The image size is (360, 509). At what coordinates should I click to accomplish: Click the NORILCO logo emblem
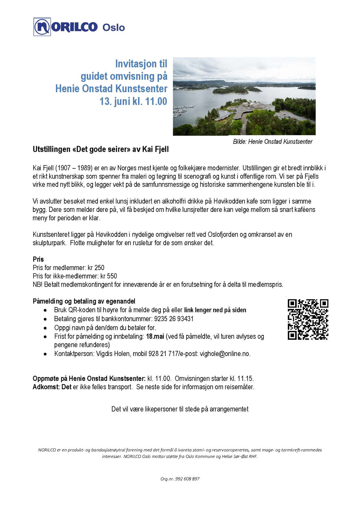click(42, 27)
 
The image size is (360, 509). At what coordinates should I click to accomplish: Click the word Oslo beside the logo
click(113, 28)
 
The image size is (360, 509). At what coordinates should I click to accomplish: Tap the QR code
click(308, 319)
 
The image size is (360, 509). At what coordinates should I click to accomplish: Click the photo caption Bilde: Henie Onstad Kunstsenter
click(272, 142)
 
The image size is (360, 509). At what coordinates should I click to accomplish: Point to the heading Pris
click(38, 259)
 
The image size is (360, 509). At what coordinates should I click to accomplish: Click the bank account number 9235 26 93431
click(174, 319)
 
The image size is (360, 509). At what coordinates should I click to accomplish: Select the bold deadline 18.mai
click(155, 336)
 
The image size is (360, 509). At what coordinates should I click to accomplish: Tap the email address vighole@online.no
click(225, 354)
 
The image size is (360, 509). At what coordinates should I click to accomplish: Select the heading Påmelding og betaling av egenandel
click(84, 301)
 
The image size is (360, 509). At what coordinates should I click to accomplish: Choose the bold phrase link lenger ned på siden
click(215, 310)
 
